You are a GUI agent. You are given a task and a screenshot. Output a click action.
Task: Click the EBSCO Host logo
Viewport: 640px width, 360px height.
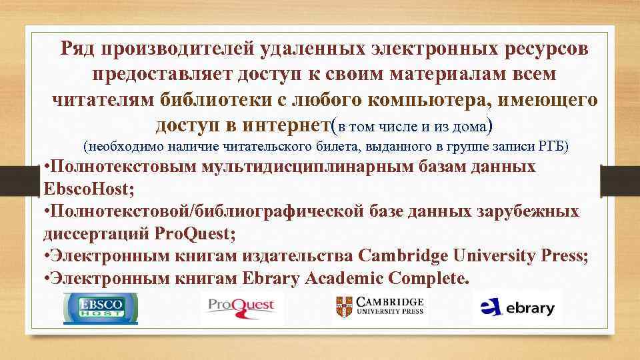coord(100,307)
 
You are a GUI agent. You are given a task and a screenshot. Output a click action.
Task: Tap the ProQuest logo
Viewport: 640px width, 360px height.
coord(241,307)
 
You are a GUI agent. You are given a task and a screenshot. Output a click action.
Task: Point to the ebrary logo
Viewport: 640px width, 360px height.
coord(518,307)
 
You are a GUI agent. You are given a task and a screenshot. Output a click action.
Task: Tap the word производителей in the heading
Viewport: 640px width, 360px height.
coord(175,48)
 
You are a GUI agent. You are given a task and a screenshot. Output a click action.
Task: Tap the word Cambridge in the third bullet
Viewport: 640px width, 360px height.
coord(403,256)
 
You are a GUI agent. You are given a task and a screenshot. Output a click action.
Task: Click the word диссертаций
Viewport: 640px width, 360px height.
coord(96,234)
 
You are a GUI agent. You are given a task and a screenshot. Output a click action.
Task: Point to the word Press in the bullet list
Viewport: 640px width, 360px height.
coord(565,256)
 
